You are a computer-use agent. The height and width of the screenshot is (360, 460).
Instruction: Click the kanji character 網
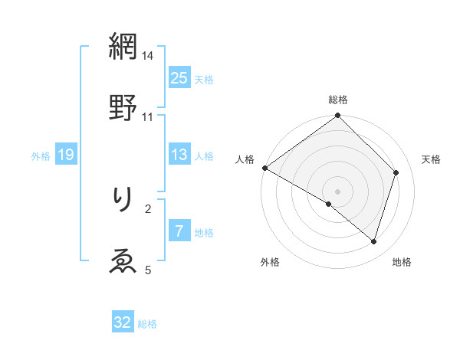123,47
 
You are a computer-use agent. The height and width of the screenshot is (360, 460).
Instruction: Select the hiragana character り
123,201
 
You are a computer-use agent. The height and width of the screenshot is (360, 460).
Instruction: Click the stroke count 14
148,56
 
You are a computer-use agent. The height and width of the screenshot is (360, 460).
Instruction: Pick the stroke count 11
148,116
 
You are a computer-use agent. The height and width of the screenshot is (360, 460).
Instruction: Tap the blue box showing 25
179,78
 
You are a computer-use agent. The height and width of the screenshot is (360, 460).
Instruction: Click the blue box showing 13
179,155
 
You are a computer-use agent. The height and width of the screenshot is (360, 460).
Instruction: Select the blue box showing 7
179,231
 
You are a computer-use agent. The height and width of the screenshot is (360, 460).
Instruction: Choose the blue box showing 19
66,155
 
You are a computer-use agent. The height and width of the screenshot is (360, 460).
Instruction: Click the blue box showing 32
123,322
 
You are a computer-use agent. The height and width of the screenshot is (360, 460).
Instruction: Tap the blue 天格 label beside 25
204,79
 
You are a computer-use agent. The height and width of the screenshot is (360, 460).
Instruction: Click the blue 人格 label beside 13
204,155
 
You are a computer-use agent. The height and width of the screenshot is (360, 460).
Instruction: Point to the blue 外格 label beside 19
41,155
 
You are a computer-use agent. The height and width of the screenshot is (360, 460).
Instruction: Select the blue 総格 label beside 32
147,323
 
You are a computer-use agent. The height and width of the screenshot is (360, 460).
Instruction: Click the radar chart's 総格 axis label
338,100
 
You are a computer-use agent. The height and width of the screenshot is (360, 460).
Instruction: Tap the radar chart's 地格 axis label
402,262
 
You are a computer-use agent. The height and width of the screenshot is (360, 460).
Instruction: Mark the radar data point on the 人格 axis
264,168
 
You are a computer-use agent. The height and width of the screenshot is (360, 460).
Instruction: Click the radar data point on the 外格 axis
329,205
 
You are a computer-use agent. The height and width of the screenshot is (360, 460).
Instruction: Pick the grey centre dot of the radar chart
338,191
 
